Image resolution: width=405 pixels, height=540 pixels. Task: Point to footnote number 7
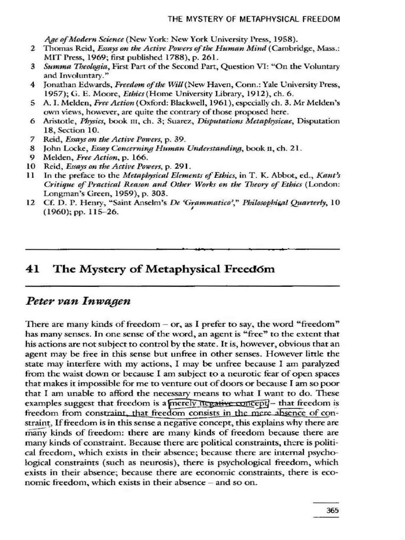(x=33, y=139)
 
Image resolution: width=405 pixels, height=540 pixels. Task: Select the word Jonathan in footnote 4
(x=62, y=84)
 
